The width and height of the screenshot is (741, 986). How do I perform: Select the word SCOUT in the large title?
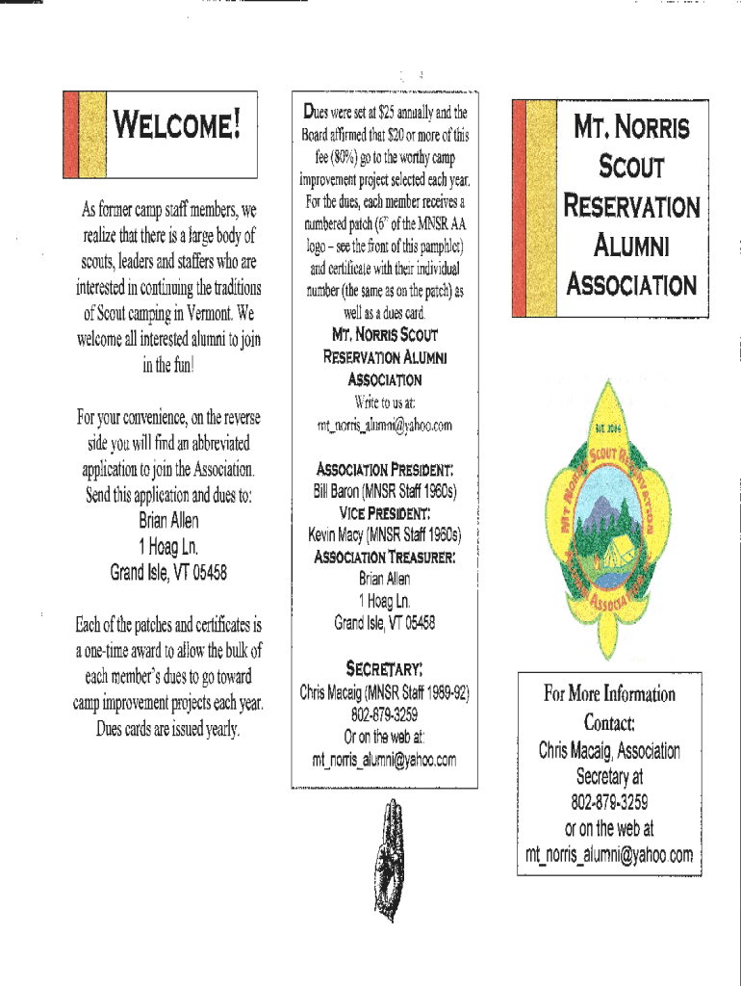pyautogui.click(x=632, y=167)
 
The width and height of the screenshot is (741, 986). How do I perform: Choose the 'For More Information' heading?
pyautogui.click(x=610, y=694)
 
